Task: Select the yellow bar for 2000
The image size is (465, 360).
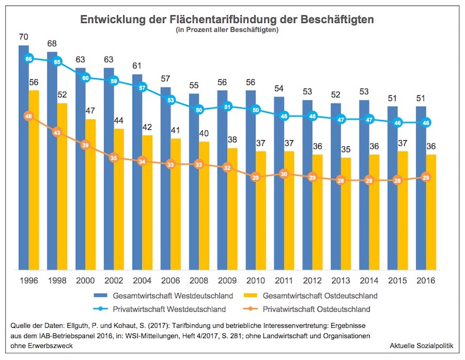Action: [x=90, y=195]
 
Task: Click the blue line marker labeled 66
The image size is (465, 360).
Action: [x=29, y=59]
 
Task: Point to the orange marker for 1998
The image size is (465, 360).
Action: [x=57, y=133]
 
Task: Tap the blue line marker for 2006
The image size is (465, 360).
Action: [x=170, y=100]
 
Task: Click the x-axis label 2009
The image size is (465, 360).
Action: [x=227, y=281]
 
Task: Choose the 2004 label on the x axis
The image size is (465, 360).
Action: [x=142, y=281]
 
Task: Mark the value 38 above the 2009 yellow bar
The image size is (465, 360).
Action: [x=232, y=140]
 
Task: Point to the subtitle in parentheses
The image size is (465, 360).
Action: [x=227, y=30]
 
